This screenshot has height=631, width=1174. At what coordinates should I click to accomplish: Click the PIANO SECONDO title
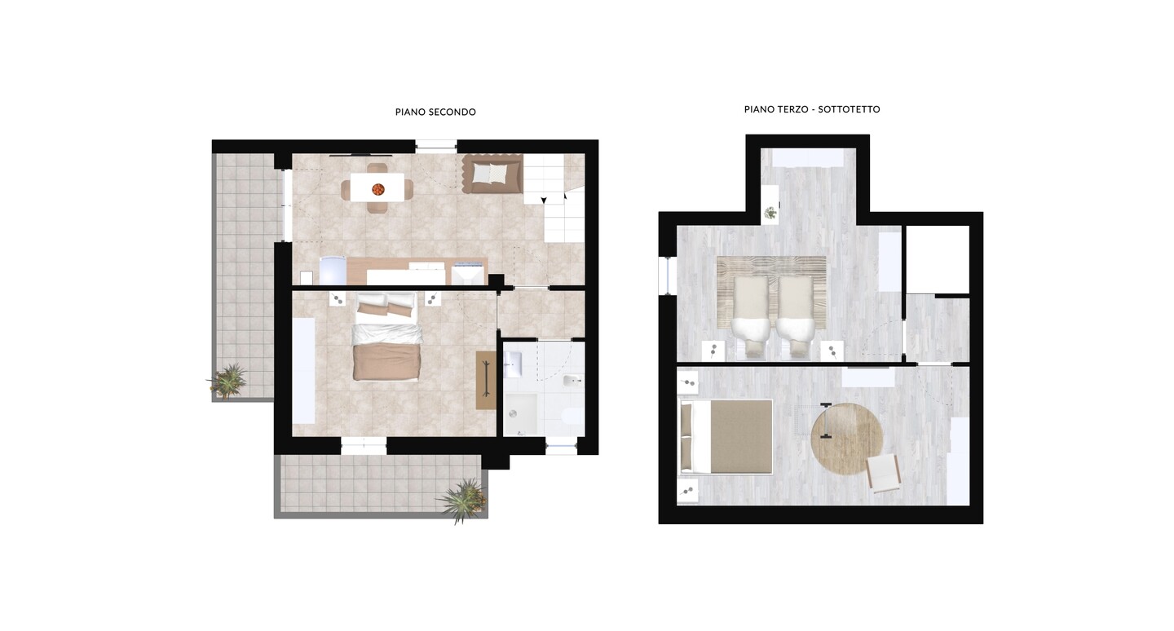[x=435, y=113]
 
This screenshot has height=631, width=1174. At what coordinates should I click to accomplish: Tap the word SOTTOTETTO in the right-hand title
[x=849, y=109]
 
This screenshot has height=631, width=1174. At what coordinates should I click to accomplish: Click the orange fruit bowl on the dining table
[x=377, y=189]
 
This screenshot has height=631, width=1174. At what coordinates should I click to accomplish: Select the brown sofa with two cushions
[x=492, y=174]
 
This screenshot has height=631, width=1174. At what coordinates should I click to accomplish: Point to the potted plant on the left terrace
[x=227, y=381]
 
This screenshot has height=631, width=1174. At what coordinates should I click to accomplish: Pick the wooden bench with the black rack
[x=486, y=380]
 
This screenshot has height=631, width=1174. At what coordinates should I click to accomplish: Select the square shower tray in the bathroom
[x=520, y=414]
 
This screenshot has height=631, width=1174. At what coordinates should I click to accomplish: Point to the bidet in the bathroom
[x=572, y=381]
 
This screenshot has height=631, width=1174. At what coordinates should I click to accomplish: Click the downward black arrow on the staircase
[x=544, y=201]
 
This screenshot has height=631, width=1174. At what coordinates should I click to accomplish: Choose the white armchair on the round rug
[x=883, y=474]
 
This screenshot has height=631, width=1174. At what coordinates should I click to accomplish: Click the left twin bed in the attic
[x=751, y=316]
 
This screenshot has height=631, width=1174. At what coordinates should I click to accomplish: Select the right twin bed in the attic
[x=796, y=316]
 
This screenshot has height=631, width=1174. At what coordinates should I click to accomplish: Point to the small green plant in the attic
[x=770, y=214]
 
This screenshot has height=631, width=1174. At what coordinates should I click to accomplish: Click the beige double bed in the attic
[x=726, y=437]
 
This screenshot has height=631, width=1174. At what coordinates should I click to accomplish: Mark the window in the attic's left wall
[x=668, y=276]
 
